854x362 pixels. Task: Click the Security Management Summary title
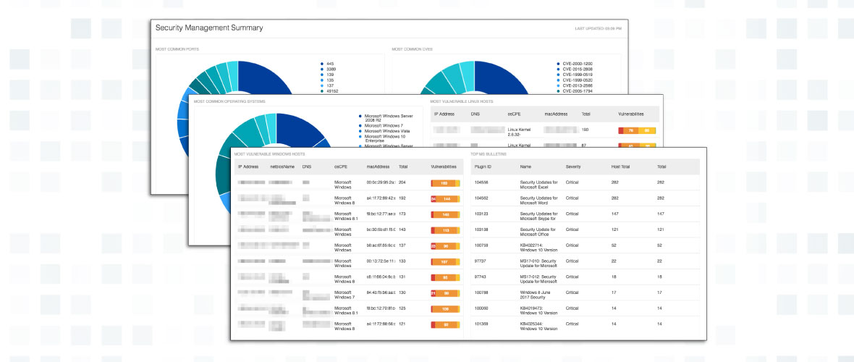pyautogui.click(x=209, y=28)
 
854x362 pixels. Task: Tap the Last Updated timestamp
pyautogui.click(x=598, y=29)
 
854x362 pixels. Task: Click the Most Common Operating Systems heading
pyautogui.click(x=233, y=101)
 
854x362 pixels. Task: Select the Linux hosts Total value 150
pyautogui.click(x=585, y=130)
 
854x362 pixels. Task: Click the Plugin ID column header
pyautogui.click(x=484, y=167)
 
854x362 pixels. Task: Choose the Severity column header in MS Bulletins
pyautogui.click(x=573, y=167)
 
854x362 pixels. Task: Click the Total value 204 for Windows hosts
pyautogui.click(x=403, y=182)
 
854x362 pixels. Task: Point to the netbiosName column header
pyautogui.click(x=282, y=167)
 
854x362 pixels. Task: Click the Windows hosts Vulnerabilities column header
pyautogui.click(x=444, y=167)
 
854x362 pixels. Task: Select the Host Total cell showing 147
pyautogui.click(x=616, y=214)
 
